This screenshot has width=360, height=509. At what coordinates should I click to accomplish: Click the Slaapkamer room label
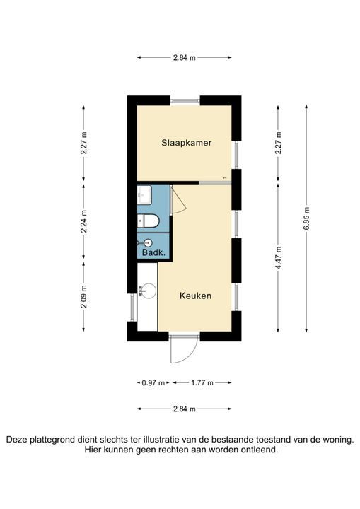click(186, 142)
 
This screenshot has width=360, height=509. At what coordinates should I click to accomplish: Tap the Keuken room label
click(195, 296)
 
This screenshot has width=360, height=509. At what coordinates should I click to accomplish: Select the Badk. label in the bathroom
click(153, 252)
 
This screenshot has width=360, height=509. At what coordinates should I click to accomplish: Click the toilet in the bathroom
click(148, 221)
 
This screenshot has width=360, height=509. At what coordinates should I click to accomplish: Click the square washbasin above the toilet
click(144, 193)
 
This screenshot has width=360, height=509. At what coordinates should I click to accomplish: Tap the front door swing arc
click(181, 351)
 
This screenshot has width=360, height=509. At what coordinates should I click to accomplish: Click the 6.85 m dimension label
click(306, 218)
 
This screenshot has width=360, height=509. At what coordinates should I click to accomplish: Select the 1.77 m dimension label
click(202, 382)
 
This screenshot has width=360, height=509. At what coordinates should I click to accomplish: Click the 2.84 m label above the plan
click(184, 58)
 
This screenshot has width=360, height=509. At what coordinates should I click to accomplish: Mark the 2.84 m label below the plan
click(184, 409)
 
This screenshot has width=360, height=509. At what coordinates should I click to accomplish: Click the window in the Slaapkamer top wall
click(185, 100)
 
